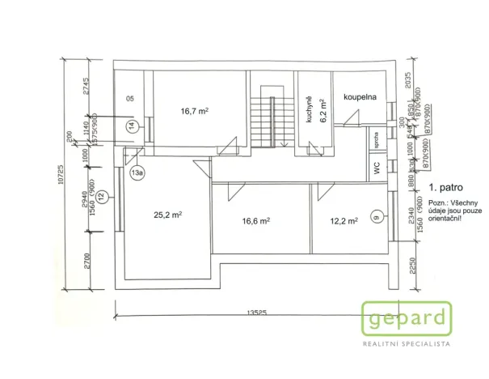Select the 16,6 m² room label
255,220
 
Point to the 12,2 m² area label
342,220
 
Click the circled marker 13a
137,172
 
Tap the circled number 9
376,215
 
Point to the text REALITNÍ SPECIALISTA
406,344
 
